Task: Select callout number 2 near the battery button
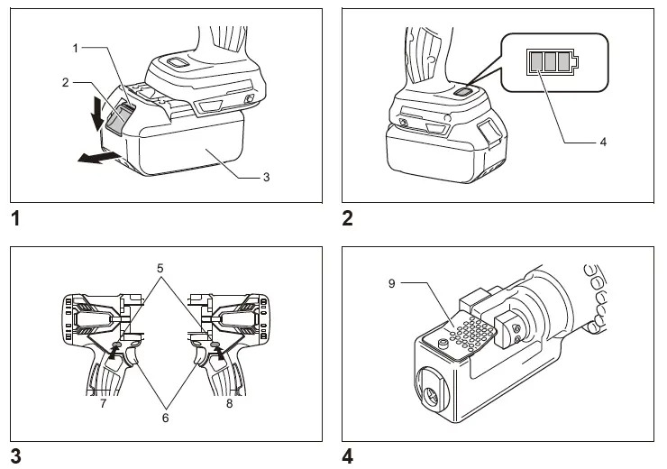[x=66, y=82]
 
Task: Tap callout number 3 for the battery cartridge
[x=266, y=177]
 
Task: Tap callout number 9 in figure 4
[x=392, y=283]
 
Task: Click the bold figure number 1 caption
[x=15, y=218]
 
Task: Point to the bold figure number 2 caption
[x=348, y=218]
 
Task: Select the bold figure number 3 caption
[x=15, y=456]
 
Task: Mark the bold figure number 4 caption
[x=348, y=456]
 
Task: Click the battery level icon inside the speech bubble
[x=551, y=61]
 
